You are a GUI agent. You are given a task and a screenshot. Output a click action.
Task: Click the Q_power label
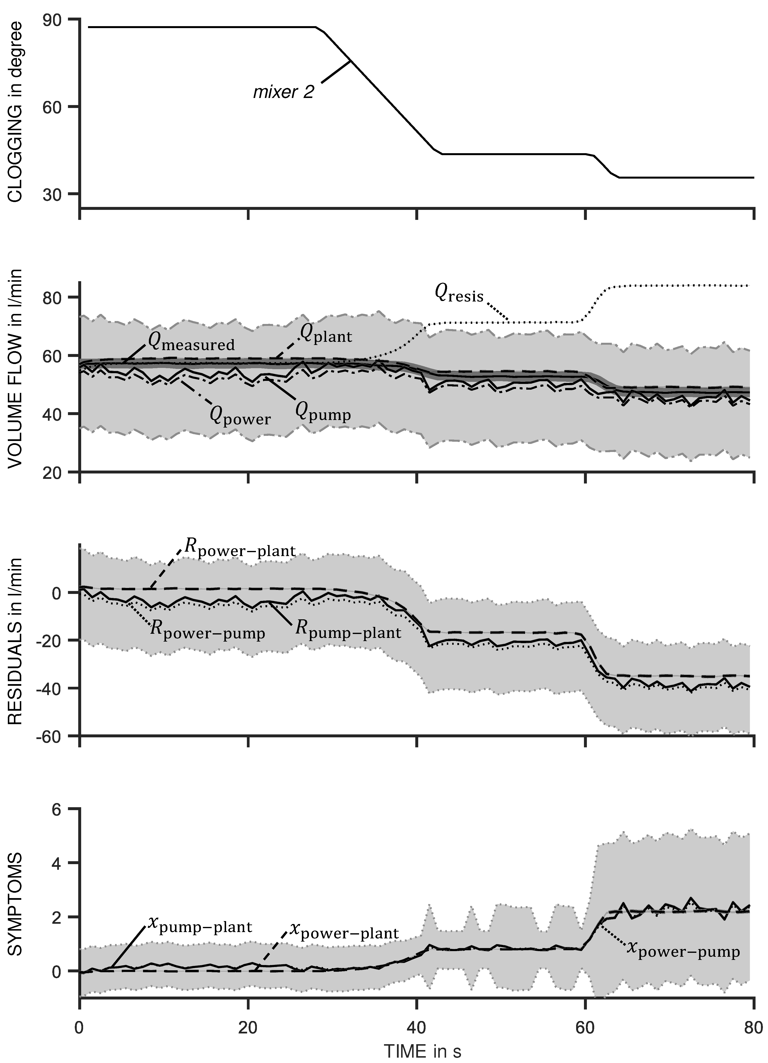click(240, 416)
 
